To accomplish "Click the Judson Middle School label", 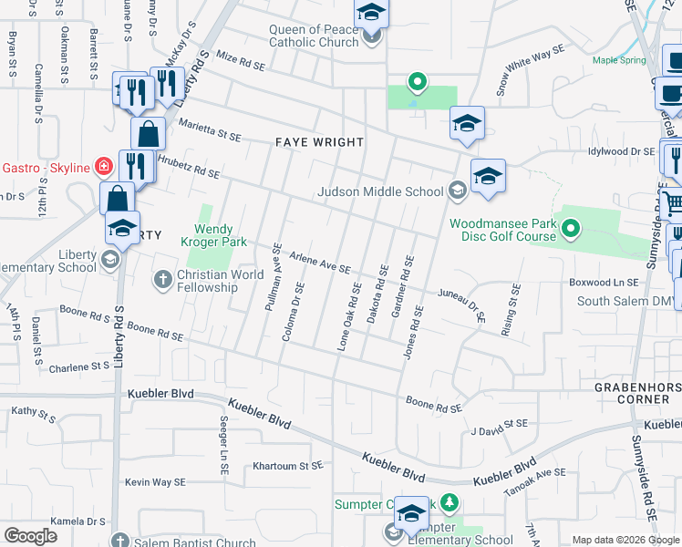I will [x=379, y=191].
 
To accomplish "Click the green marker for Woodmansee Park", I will [x=571, y=228].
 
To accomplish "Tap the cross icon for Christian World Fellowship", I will [x=163, y=278].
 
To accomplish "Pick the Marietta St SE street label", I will [x=211, y=129].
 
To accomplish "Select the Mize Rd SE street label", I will [x=240, y=63].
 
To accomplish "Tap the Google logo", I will [x=30, y=536].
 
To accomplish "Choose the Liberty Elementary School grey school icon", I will [x=110, y=260].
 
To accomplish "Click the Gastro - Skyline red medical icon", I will [x=105, y=167].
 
